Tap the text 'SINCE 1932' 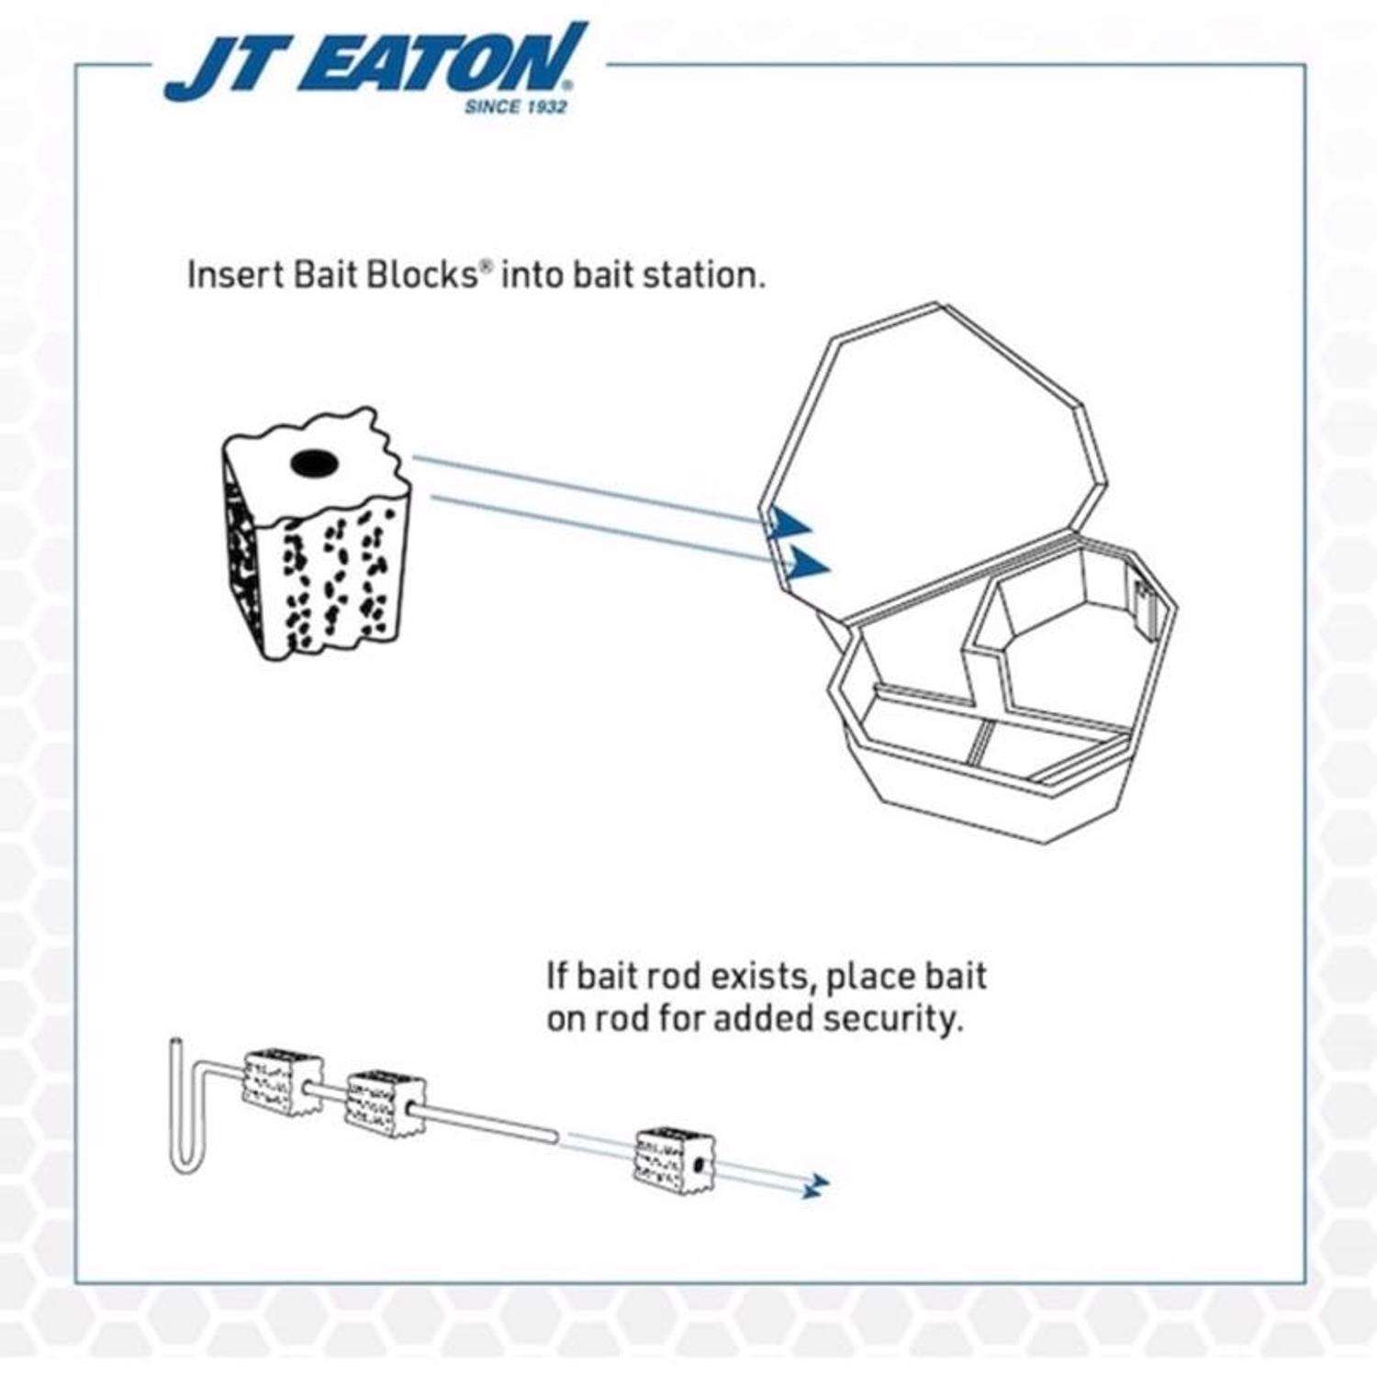[515, 107]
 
